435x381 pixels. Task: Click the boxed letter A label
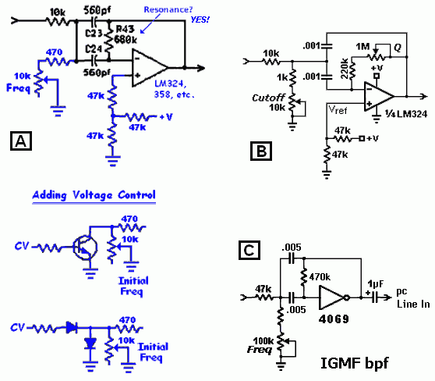(x=21, y=141)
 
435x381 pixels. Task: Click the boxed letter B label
(x=261, y=151)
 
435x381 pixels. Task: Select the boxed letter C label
(x=249, y=250)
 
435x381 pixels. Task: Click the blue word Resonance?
(x=168, y=9)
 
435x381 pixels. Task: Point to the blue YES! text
(x=200, y=20)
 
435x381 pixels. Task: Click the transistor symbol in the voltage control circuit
(x=85, y=247)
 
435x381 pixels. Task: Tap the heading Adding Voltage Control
(x=94, y=195)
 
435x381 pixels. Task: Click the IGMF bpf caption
(x=354, y=363)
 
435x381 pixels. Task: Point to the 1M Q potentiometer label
(x=362, y=47)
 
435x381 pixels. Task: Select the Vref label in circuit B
(x=338, y=110)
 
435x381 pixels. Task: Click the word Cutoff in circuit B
(x=268, y=98)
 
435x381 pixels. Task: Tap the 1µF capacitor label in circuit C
(x=376, y=283)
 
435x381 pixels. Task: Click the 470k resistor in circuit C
(x=304, y=277)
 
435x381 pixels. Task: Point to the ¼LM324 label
(x=406, y=114)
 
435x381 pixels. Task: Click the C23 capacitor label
(x=94, y=34)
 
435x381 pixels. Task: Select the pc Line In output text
(x=413, y=298)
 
